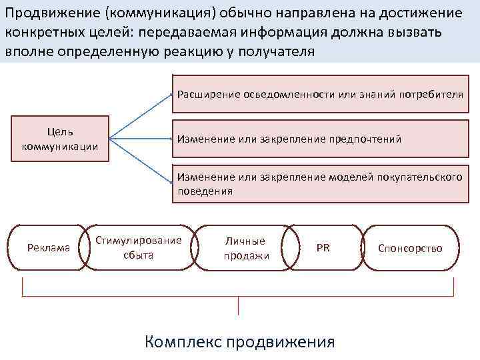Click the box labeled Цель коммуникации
pos(60,139)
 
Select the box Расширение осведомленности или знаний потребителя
pos(319,95)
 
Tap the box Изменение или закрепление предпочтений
pos(319,139)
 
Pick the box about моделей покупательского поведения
pos(319,184)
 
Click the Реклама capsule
pos(48,248)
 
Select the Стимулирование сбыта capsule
pos(139,247)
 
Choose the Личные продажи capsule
pos(245,248)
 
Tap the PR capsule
pos(323,248)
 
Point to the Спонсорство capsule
pos(410,248)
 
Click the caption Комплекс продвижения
pos(239,342)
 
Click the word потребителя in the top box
pos(431,94)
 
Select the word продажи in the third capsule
pos(245,255)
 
